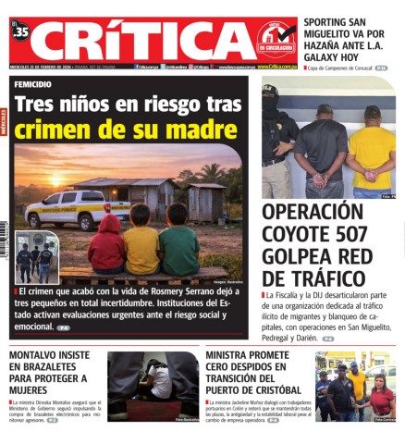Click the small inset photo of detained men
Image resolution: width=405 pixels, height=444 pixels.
point(36,257)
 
